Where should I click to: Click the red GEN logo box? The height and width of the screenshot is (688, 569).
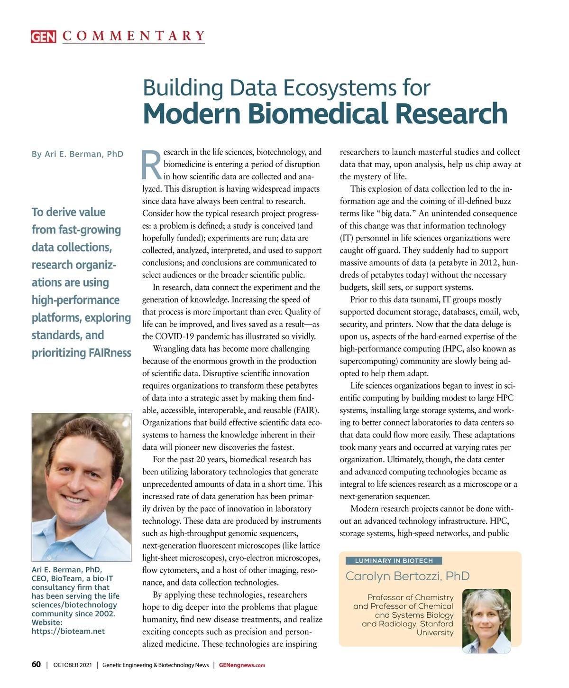pos(43,37)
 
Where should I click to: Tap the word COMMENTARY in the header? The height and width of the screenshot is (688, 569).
pos(134,36)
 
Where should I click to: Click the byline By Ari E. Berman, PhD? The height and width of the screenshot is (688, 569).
pos(77,154)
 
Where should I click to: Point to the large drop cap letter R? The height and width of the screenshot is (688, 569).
pos(152,166)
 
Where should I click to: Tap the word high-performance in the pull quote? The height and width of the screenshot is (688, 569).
pos(75,300)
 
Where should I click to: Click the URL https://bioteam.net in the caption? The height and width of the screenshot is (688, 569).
pos(68,632)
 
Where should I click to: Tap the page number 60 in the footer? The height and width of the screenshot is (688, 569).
pos(36,665)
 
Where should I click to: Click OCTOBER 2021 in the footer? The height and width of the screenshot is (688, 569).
pos(73,665)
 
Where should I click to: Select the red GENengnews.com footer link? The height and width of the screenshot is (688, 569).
pos(242,665)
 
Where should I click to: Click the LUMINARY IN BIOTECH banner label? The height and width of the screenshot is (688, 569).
pos(394,561)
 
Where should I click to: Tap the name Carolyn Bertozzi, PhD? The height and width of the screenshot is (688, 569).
pos(407,576)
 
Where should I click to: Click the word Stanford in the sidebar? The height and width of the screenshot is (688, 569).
pos(436,624)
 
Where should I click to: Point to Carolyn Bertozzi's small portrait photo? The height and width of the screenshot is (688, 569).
pos(486,621)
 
